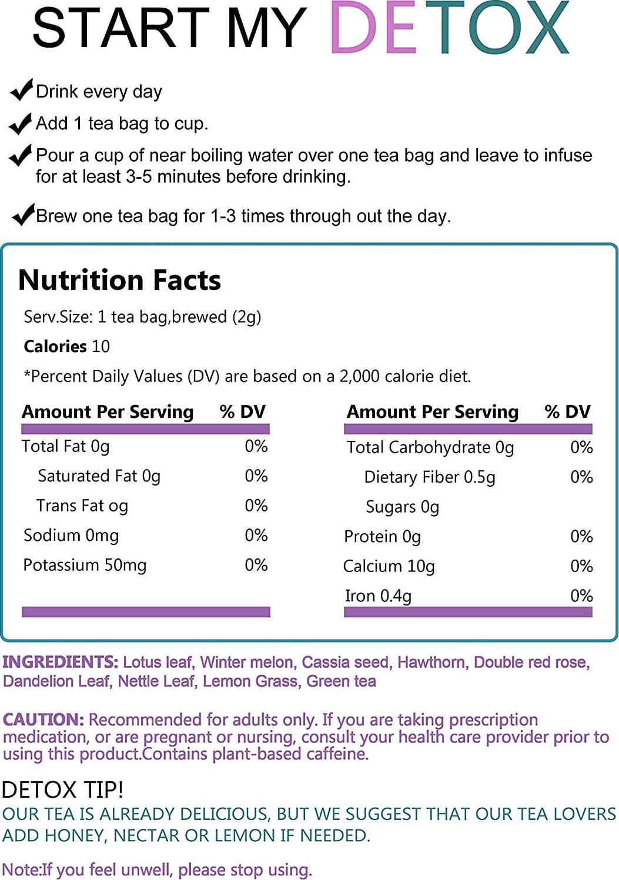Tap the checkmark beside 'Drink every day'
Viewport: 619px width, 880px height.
[x=21, y=90]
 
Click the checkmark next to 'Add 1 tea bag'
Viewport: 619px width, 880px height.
[x=21, y=123]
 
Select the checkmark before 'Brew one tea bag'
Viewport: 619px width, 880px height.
[x=24, y=215]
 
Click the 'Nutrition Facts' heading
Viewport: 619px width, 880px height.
[x=120, y=280]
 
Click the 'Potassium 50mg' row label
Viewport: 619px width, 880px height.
[x=85, y=565]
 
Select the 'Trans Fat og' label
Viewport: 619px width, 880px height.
[x=82, y=506]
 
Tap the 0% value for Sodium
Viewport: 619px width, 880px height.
[x=256, y=535]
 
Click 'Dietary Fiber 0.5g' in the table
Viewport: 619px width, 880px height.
[x=430, y=477]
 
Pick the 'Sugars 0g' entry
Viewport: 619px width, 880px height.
[x=402, y=507]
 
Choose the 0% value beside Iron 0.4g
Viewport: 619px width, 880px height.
[x=581, y=595]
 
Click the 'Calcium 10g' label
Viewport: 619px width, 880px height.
[x=389, y=566]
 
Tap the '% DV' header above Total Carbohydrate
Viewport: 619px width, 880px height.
[x=567, y=411]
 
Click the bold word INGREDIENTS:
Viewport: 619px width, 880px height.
[x=61, y=662]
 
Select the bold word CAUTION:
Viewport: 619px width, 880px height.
[x=44, y=720]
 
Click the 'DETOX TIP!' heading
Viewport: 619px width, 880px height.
[x=63, y=789]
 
